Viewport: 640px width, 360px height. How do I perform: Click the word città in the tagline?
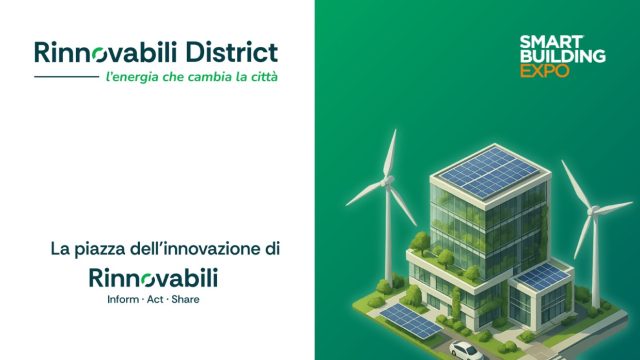click(x=263, y=76)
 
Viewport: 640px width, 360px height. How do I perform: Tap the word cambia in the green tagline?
click(x=211, y=76)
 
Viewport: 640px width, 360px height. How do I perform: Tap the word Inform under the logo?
click(x=108, y=299)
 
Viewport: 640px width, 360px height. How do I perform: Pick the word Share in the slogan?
click(x=183, y=299)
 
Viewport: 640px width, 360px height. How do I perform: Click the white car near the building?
click(x=464, y=349)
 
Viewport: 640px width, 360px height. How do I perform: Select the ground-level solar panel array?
click(x=410, y=319)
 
